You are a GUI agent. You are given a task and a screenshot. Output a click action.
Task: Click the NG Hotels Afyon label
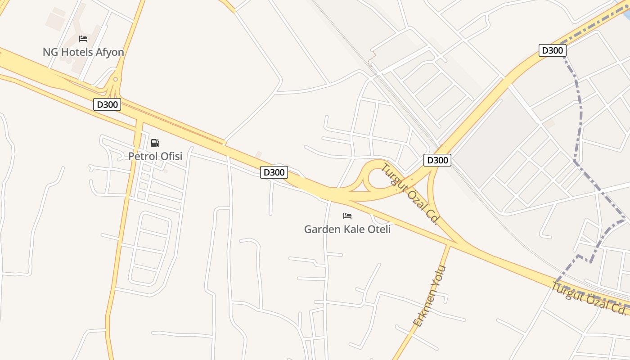point(83,52)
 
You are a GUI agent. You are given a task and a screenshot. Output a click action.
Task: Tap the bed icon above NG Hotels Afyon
point(83,39)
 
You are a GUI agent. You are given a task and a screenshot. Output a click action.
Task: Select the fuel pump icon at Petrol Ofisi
point(155,143)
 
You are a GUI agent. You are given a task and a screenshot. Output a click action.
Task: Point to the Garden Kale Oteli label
point(347,229)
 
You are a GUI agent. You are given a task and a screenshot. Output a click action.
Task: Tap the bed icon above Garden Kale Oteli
point(347,216)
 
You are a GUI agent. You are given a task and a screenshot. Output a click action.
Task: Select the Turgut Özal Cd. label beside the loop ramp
point(410,194)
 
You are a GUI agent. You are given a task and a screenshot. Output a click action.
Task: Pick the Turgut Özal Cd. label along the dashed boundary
point(589,298)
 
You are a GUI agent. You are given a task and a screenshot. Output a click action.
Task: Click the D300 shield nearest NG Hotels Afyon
point(107,105)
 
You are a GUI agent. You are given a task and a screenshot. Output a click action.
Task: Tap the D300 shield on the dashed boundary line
point(552,50)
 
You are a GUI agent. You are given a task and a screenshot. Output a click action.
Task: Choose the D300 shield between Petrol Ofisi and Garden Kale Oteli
point(274,172)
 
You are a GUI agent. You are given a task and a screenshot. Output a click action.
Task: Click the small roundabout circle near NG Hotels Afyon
point(116,79)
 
